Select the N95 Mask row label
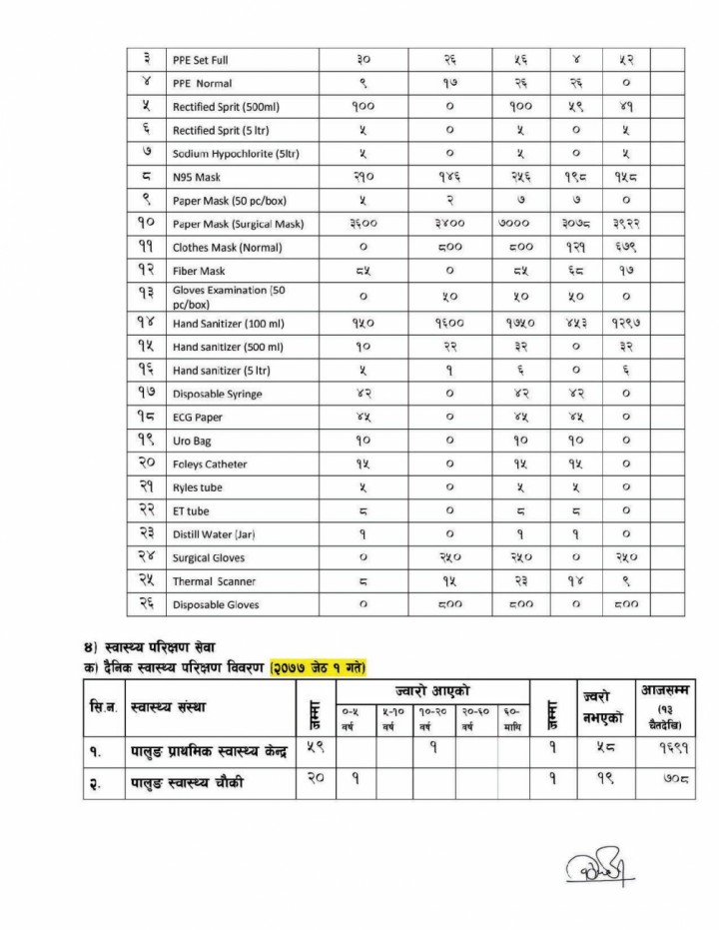pos(197,177)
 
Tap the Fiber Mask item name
pos(199,271)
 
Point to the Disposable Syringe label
pos(217,394)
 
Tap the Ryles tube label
pos(197,487)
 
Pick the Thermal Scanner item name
pos(214,581)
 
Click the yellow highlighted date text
pos(311,666)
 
